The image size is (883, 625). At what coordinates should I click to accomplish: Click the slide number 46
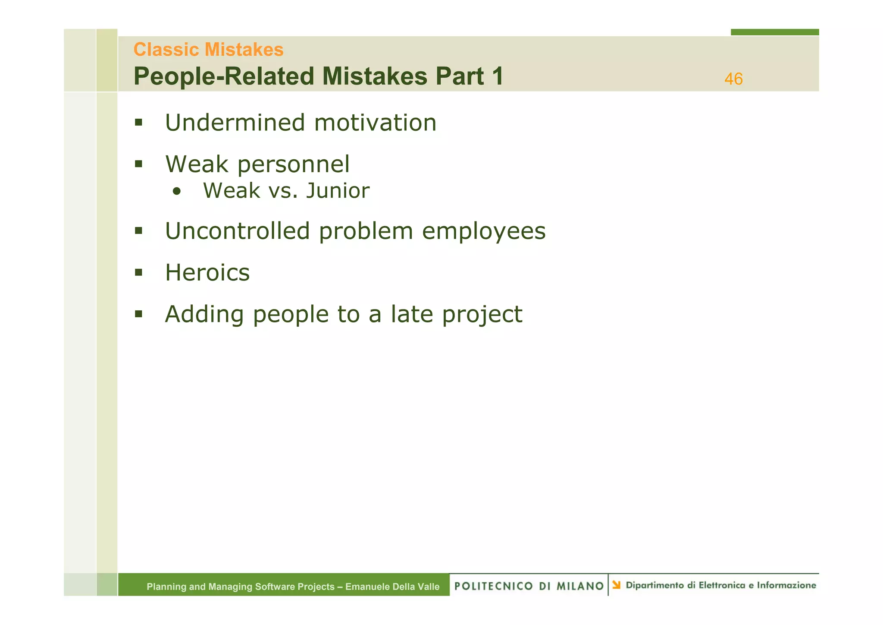click(x=733, y=79)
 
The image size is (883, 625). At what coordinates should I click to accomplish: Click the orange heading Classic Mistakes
click(x=208, y=50)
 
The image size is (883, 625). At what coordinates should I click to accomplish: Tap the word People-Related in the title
click(x=224, y=76)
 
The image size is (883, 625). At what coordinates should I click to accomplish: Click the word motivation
click(x=375, y=123)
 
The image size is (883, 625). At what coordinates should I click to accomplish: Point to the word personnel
click(x=293, y=165)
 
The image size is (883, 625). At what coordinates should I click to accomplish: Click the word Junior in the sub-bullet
click(x=338, y=191)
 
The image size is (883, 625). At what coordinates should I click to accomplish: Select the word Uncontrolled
click(x=238, y=231)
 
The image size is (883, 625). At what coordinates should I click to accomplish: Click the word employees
click(x=483, y=232)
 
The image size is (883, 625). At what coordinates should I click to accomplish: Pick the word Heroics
click(x=207, y=273)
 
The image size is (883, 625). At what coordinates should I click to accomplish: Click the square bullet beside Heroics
click(x=138, y=272)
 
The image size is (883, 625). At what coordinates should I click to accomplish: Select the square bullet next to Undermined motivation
click(x=138, y=123)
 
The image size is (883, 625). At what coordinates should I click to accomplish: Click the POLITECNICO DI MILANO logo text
click(x=529, y=586)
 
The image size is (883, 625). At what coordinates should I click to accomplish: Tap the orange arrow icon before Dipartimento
click(x=616, y=585)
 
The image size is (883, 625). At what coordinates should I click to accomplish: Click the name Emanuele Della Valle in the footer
click(x=392, y=587)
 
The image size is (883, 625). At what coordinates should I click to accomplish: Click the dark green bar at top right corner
click(x=774, y=32)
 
